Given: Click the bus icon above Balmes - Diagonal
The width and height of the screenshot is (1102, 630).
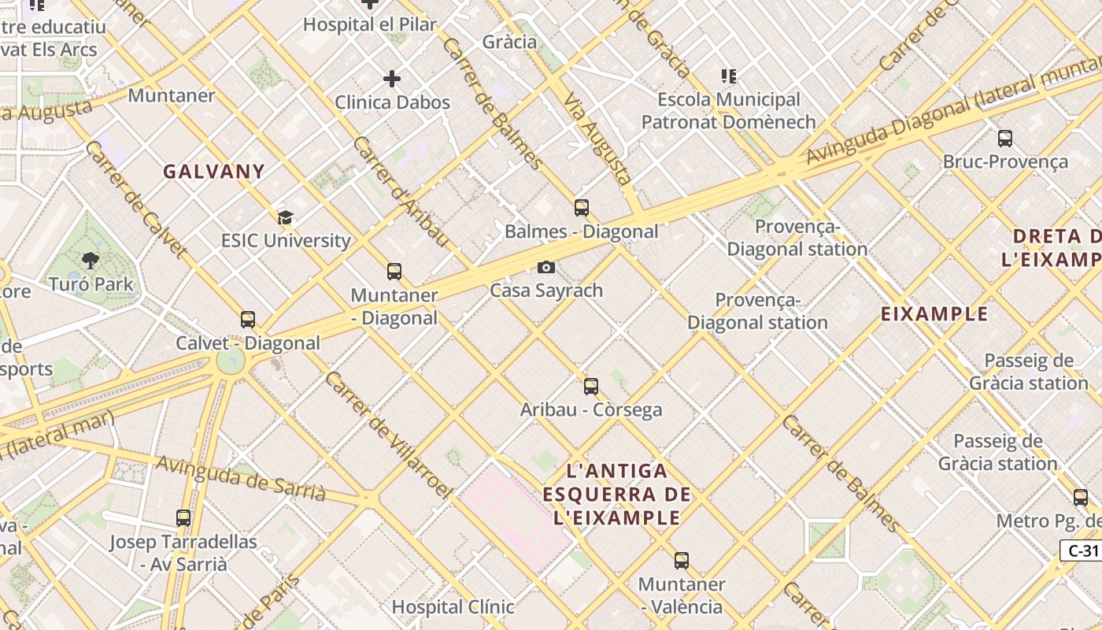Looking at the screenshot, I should pyautogui.click(x=582, y=208).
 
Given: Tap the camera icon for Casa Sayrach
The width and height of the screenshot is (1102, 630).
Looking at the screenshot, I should pyautogui.click(x=546, y=268).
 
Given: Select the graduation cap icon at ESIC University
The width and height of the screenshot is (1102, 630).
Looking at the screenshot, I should pyautogui.click(x=285, y=217).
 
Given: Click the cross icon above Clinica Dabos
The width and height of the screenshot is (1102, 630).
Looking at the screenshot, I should pyautogui.click(x=392, y=79).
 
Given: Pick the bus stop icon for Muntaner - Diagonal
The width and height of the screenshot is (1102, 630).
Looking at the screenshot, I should pyautogui.click(x=394, y=272).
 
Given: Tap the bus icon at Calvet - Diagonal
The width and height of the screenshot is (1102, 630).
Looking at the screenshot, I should pyautogui.click(x=248, y=320).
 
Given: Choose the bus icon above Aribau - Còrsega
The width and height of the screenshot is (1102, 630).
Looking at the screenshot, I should pyautogui.click(x=591, y=387).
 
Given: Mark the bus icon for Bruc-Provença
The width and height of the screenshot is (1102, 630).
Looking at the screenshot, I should pyautogui.click(x=1005, y=139).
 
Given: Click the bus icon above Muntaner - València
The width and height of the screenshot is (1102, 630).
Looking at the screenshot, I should pyautogui.click(x=682, y=561).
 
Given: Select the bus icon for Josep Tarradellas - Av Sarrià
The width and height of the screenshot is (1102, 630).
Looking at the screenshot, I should pyautogui.click(x=183, y=518).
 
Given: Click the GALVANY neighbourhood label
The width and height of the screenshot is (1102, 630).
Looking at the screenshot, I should pyautogui.click(x=214, y=172).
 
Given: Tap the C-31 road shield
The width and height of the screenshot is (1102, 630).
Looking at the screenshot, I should pyautogui.click(x=1080, y=550).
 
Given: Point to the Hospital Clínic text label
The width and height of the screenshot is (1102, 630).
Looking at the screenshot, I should pyautogui.click(x=453, y=607).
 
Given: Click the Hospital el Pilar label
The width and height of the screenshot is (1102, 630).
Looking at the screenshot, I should pyautogui.click(x=370, y=24).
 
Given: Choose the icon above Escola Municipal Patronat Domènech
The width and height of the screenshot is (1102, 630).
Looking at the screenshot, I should pyautogui.click(x=729, y=76).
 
